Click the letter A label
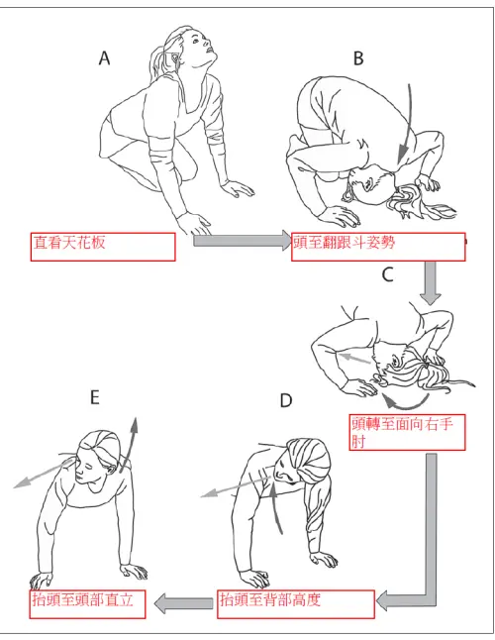click(104, 59)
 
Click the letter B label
click(359, 58)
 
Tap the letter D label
click(286, 401)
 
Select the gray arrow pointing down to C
click(431, 282)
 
